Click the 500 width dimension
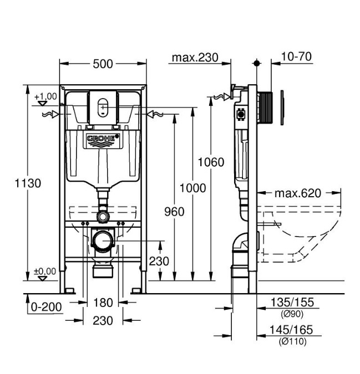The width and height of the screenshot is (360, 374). pyautogui.click(x=103, y=64)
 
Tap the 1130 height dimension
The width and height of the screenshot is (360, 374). pyautogui.click(x=28, y=183)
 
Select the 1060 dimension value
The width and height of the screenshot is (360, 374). pyautogui.click(x=211, y=162)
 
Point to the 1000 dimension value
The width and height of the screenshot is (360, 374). pyautogui.click(x=192, y=188)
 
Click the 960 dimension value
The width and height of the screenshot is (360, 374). pyautogui.click(x=174, y=212)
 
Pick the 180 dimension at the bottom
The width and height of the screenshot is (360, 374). pyautogui.click(x=103, y=303)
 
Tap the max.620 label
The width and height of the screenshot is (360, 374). pyautogui.click(x=298, y=193)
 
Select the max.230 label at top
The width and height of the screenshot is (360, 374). pyautogui.click(x=195, y=58)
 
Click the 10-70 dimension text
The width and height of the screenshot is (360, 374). pyautogui.click(x=297, y=57)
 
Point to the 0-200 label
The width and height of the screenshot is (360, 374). pyautogui.click(x=46, y=307)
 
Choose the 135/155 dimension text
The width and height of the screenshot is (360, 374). pyautogui.click(x=292, y=302)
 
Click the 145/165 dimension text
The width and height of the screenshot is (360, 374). pyautogui.click(x=291, y=330)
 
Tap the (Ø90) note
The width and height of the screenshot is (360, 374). pyautogui.click(x=292, y=314)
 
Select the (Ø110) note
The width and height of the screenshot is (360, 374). pyautogui.click(x=292, y=341)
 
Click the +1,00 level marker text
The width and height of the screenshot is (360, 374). pyautogui.click(x=45, y=96)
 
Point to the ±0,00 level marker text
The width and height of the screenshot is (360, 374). pyautogui.click(x=44, y=271)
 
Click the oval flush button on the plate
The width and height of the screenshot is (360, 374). pyautogui.click(x=103, y=107)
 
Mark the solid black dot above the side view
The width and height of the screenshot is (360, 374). pyautogui.click(x=257, y=63)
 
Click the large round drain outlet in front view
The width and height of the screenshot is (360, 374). pyautogui.click(x=103, y=240)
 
